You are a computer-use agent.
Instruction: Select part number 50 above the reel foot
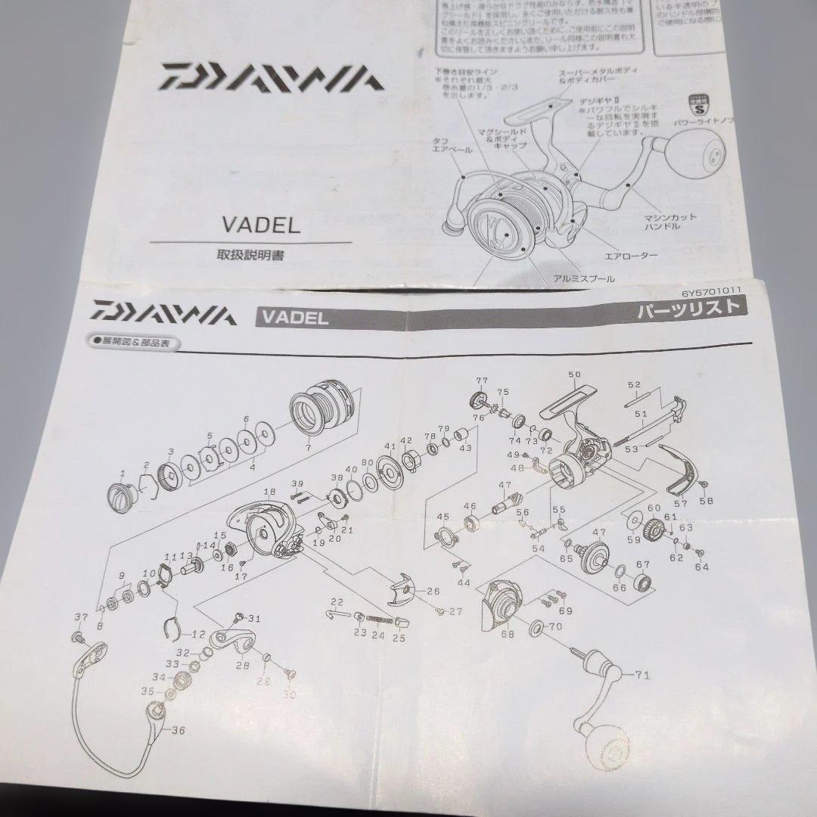point(573,375)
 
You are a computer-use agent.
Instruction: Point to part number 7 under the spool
point(309,449)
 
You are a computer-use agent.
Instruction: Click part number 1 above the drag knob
point(122,474)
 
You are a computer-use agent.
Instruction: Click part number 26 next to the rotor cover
point(433,591)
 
